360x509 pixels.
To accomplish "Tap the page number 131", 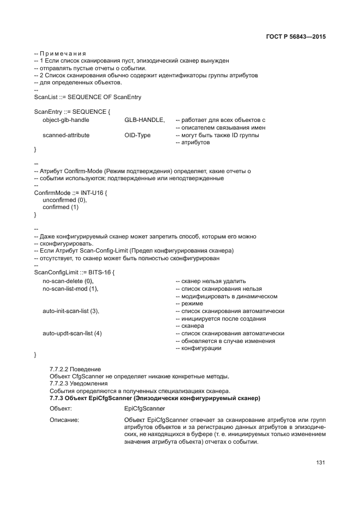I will pyautogui.click(x=320, y=463).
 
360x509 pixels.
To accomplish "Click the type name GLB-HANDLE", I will pyautogui.click(x=144, y=119).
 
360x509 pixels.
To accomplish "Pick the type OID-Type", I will pyautogui.click(x=137, y=135).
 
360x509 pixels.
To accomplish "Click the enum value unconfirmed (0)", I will pyautogui.click(x=64, y=200).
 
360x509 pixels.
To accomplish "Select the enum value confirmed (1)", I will pyautogui.click(x=60, y=207).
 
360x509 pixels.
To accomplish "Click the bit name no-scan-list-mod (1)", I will pyautogui.click(x=70, y=289).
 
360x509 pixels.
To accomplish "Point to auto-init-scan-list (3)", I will pyautogui.click(x=71, y=311).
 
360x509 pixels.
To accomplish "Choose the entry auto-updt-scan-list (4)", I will pyautogui.click(x=72, y=333).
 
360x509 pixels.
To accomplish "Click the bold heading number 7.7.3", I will pyautogui.click(x=58, y=398).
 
